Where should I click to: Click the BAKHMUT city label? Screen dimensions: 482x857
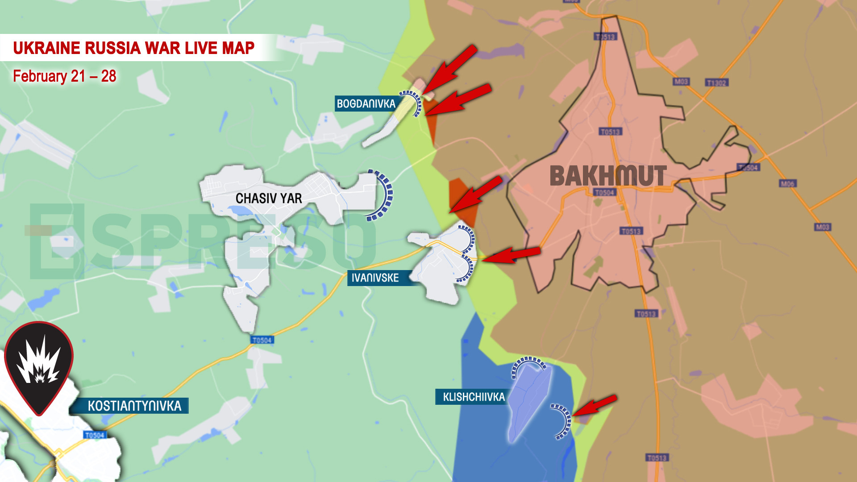[608, 176]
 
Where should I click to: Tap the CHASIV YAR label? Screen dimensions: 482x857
[268, 198]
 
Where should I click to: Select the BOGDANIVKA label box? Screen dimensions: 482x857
[366, 104]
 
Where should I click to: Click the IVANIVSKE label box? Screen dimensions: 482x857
[375, 278]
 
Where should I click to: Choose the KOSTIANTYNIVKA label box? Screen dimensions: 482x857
[134, 406]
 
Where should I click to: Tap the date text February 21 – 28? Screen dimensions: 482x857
[64, 76]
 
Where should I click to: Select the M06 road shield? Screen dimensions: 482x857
[787, 183]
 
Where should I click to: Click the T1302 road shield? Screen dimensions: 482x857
[716, 83]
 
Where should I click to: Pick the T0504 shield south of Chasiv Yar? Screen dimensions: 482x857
[262, 340]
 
